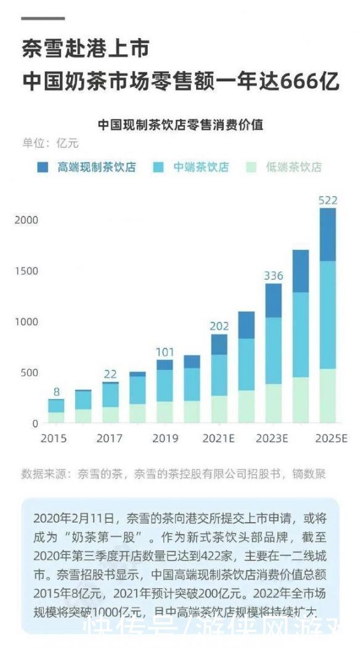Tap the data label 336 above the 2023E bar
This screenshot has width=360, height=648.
(x=273, y=276)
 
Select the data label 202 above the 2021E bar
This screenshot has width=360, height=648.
(x=219, y=326)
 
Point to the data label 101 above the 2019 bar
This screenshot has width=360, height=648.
(x=165, y=352)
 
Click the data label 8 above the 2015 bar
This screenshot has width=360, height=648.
(x=57, y=392)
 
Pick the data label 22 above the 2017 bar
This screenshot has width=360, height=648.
(x=110, y=374)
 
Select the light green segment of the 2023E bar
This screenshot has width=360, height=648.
(x=273, y=403)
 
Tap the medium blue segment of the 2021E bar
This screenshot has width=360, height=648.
(x=219, y=375)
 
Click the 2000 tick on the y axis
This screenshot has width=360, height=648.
(x=27, y=220)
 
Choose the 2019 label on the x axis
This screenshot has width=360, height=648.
(x=165, y=438)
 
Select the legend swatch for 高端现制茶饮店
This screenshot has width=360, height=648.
(x=43, y=167)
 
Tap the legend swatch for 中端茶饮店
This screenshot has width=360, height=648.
(x=158, y=167)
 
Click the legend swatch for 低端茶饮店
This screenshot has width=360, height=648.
(x=251, y=167)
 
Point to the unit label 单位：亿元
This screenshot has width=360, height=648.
(x=51, y=144)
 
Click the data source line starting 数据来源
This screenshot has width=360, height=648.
(x=173, y=474)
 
